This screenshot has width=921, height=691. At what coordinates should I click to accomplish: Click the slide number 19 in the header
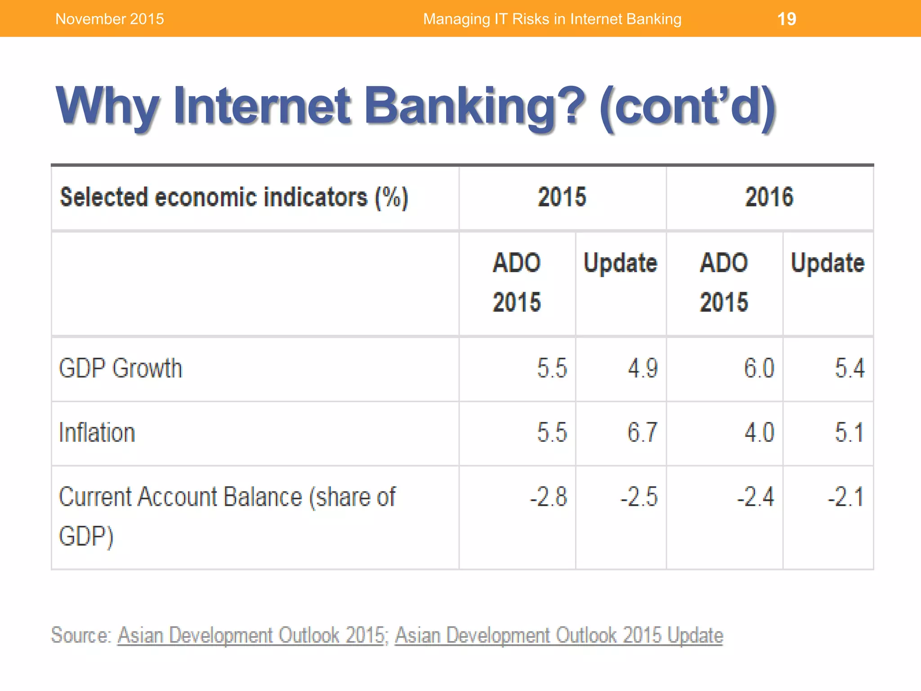pos(787,19)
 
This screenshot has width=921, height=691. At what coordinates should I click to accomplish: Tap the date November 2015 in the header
pos(109,19)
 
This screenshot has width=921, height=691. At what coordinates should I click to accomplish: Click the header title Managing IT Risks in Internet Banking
pos(552,19)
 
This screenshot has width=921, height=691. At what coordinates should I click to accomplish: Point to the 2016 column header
pos(769,197)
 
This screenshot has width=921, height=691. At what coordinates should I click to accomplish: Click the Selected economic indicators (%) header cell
pos(234,197)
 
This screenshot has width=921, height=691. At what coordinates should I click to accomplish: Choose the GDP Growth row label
pos(121,368)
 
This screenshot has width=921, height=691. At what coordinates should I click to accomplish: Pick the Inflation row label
pos(97,433)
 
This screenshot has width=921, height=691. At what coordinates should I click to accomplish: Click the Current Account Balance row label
pos(227,497)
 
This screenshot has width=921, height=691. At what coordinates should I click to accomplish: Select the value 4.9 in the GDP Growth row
pos(643,368)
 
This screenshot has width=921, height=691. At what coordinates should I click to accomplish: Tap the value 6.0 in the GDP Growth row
pos(759,368)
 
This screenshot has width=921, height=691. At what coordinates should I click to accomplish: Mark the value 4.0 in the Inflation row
pos(759,433)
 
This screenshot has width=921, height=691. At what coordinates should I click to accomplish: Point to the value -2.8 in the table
pos(548,497)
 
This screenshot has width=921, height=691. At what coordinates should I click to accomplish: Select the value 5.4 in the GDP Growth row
pos(849,368)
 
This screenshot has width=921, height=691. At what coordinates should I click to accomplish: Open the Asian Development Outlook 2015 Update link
pos(559,635)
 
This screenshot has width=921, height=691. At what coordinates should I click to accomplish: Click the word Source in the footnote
pos(80,635)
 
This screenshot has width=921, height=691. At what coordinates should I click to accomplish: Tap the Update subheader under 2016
pos(827,263)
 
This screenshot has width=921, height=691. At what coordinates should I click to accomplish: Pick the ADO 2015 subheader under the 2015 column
pos(517,282)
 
